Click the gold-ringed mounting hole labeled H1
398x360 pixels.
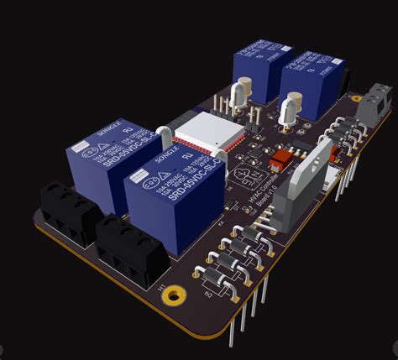(174, 295)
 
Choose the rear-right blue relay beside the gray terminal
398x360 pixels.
(311, 83)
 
